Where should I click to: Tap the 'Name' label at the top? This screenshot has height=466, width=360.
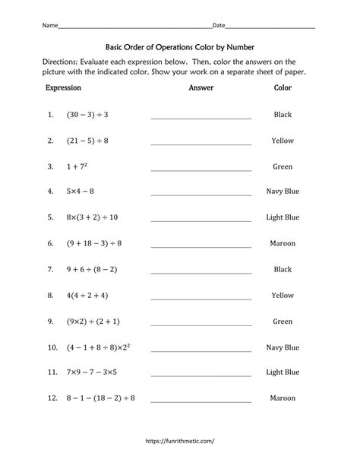click(x=50, y=26)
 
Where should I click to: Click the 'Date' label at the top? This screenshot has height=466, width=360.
click(x=218, y=26)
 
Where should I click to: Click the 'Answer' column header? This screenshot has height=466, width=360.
click(x=201, y=88)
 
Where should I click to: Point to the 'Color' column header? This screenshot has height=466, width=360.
click(x=283, y=88)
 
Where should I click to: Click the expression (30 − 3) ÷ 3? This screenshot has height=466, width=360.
click(x=88, y=115)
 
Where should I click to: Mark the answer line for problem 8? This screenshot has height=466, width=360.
click(x=201, y=297)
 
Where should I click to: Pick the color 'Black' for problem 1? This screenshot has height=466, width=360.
click(x=283, y=115)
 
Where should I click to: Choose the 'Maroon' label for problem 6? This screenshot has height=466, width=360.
click(x=283, y=243)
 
